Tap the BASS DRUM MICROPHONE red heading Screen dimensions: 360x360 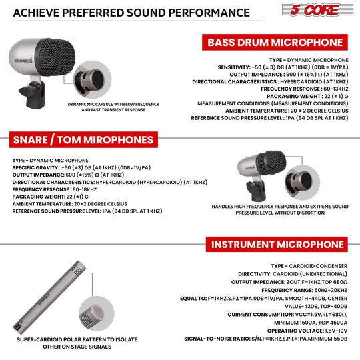pyautogui.click(x=276, y=43)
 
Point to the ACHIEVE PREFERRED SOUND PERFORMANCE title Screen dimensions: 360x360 pyautogui.click(x=127, y=13)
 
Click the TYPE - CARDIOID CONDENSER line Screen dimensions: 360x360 pyautogui.click(x=309, y=265)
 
